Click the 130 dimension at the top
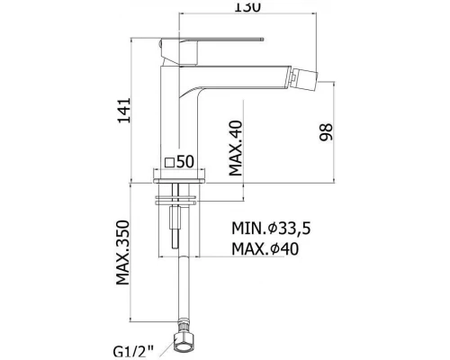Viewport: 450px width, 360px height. click(247, 6)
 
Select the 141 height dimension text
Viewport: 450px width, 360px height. click(124, 110)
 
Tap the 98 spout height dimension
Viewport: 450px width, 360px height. click(326, 132)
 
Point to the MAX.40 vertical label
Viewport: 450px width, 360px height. click(236, 148)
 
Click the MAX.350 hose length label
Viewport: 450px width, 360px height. click(123, 253)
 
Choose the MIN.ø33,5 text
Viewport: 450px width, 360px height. click(271, 229)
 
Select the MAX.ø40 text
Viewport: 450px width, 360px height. click(265, 248)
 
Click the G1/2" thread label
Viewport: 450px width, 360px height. click(133, 351)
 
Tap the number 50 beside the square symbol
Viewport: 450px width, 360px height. click(185, 162)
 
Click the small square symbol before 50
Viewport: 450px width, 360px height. click(170, 162)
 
